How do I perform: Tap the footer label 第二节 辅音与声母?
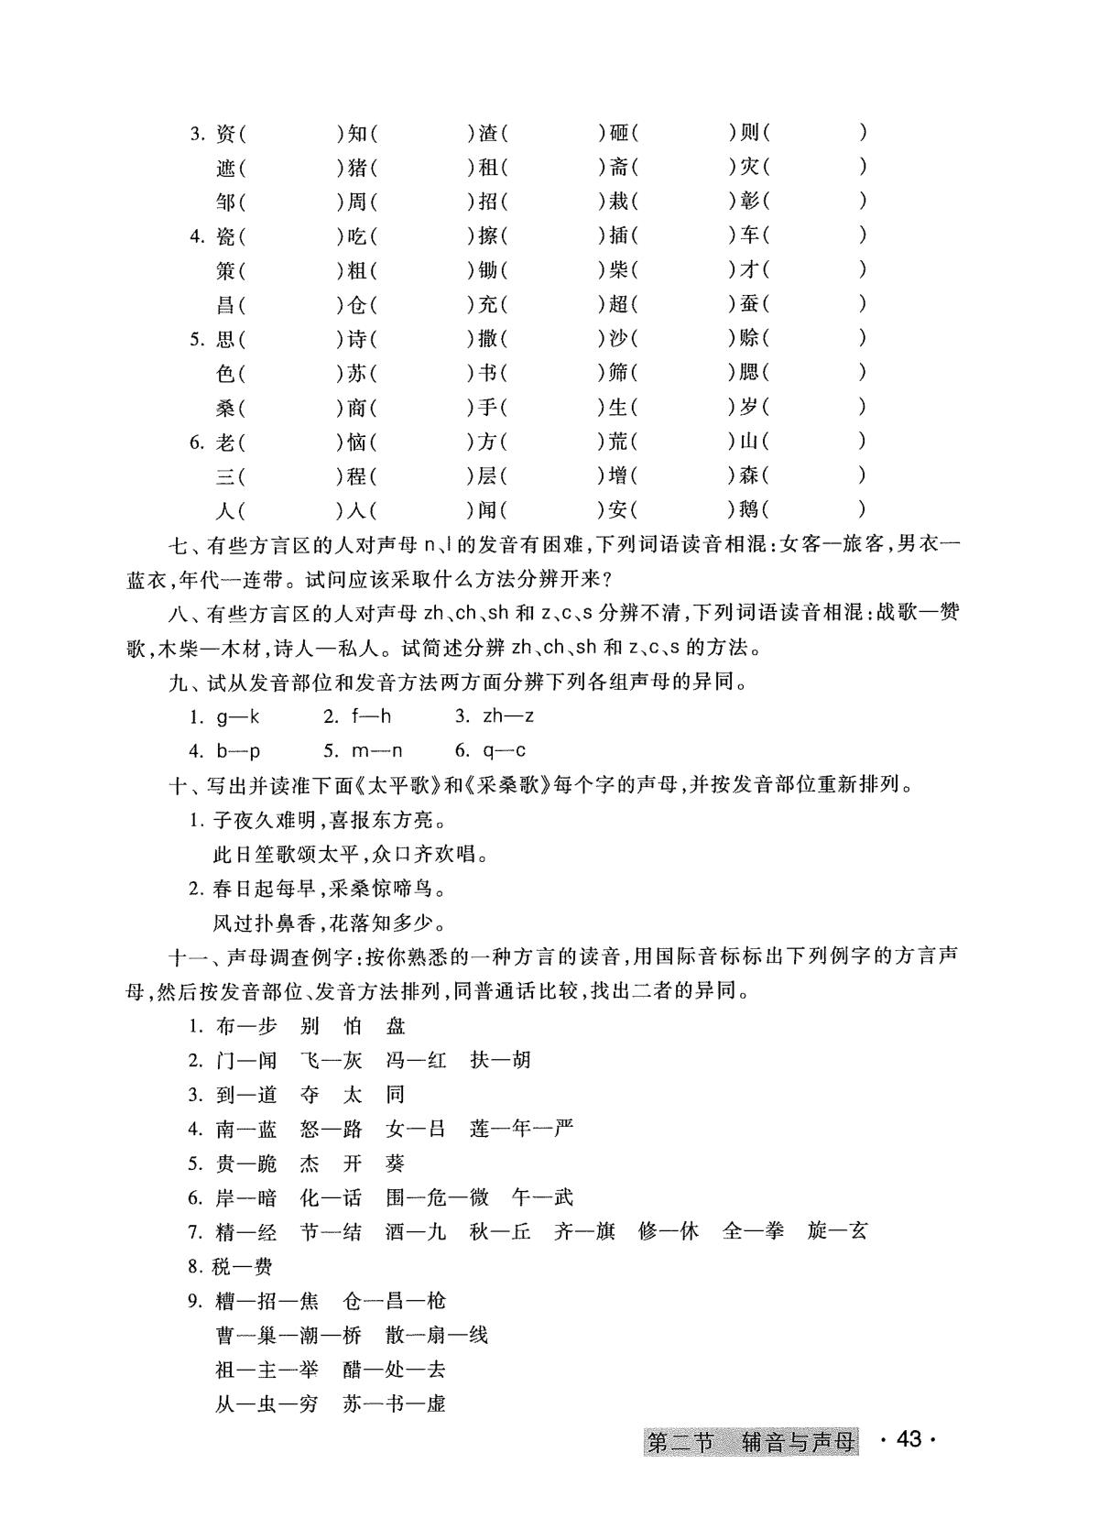751,1442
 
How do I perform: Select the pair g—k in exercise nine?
238,716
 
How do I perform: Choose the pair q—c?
504,751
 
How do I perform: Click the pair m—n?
376,751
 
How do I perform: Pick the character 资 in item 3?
225,134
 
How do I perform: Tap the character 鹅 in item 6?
749,509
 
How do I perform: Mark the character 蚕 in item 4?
749,304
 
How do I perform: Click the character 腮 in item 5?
749,373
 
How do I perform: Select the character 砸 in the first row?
619,134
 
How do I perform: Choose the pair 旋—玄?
837,1232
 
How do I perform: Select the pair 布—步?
246,1026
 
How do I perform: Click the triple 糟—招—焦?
267,1301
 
